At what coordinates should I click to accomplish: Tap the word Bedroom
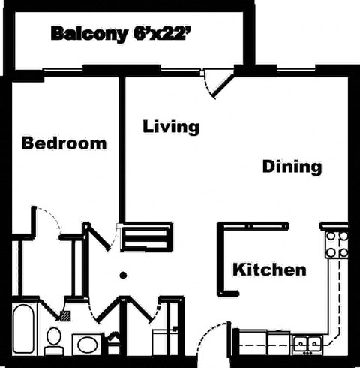(64, 143)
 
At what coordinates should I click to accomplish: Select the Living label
(171, 126)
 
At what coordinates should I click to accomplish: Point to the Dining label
(292, 166)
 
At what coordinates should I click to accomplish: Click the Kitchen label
(268, 269)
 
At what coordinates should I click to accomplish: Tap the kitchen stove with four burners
(335, 244)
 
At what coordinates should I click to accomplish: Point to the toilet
(54, 340)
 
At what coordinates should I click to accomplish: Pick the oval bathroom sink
(88, 345)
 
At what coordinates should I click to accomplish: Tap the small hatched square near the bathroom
(66, 316)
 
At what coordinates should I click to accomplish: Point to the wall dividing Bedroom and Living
(121, 150)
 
